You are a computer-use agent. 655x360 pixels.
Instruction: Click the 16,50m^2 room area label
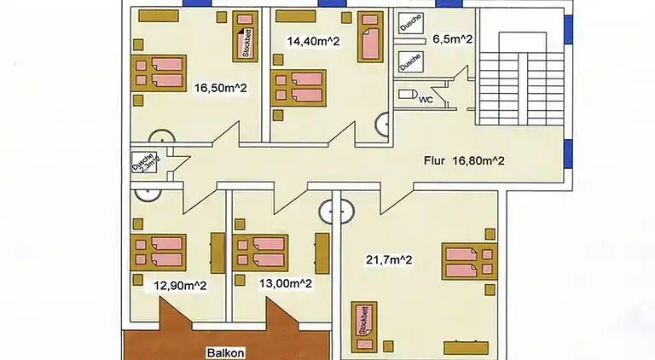(x=221, y=88)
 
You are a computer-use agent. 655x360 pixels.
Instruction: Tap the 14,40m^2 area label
(x=313, y=40)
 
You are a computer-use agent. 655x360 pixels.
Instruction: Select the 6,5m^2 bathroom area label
(x=453, y=39)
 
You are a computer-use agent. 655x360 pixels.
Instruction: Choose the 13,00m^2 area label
(x=284, y=284)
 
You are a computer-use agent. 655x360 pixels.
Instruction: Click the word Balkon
(x=225, y=351)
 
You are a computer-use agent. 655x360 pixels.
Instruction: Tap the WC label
(x=426, y=99)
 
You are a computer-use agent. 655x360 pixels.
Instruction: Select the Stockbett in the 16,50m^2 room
(x=246, y=38)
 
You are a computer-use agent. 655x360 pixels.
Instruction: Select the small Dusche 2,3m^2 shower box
(x=143, y=163)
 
